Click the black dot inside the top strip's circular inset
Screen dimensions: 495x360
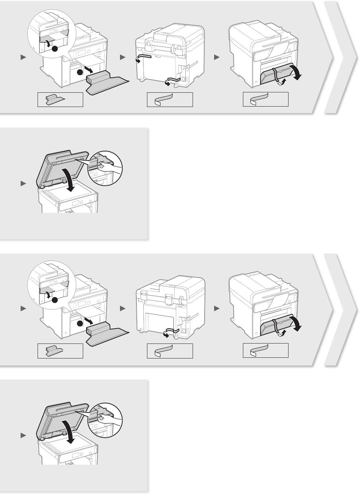coord(55,49)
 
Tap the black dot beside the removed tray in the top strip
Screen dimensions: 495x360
coord(80,73)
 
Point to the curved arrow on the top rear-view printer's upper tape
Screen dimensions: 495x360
coord(138,60)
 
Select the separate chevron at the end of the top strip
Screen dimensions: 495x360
coord(341,57)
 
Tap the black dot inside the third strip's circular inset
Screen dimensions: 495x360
coord(55,300)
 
